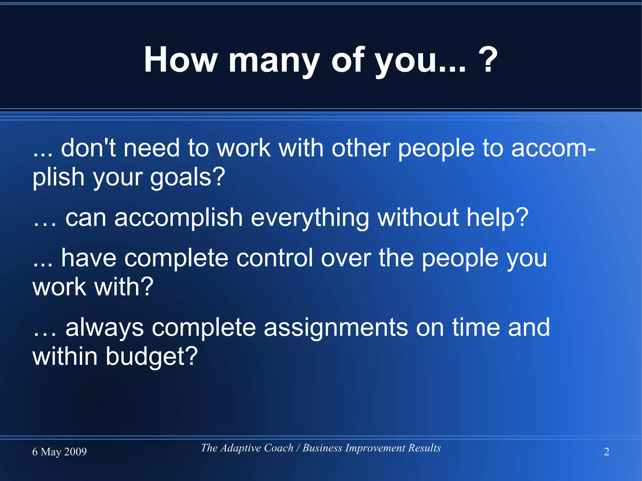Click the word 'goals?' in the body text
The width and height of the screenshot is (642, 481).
(188, 178)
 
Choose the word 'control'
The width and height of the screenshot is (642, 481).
(274, 258)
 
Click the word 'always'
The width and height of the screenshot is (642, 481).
(104, 328)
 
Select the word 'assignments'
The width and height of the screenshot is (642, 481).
(336, 328)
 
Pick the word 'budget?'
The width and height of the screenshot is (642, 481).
(151, 356)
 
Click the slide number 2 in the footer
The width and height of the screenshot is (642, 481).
(607, 452)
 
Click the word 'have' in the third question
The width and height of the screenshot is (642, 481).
(89, 258)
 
